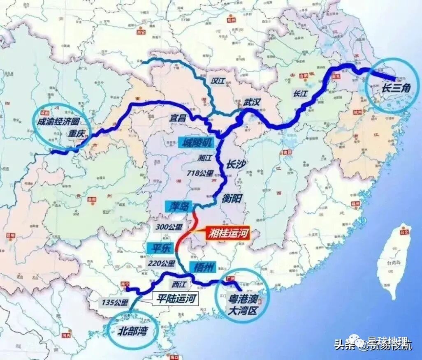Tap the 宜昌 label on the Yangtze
coord(177,118)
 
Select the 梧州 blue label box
coord(202,268)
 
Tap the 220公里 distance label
coord(162,263)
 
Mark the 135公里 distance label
coord(116,302)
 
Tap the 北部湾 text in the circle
coord(133,331)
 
